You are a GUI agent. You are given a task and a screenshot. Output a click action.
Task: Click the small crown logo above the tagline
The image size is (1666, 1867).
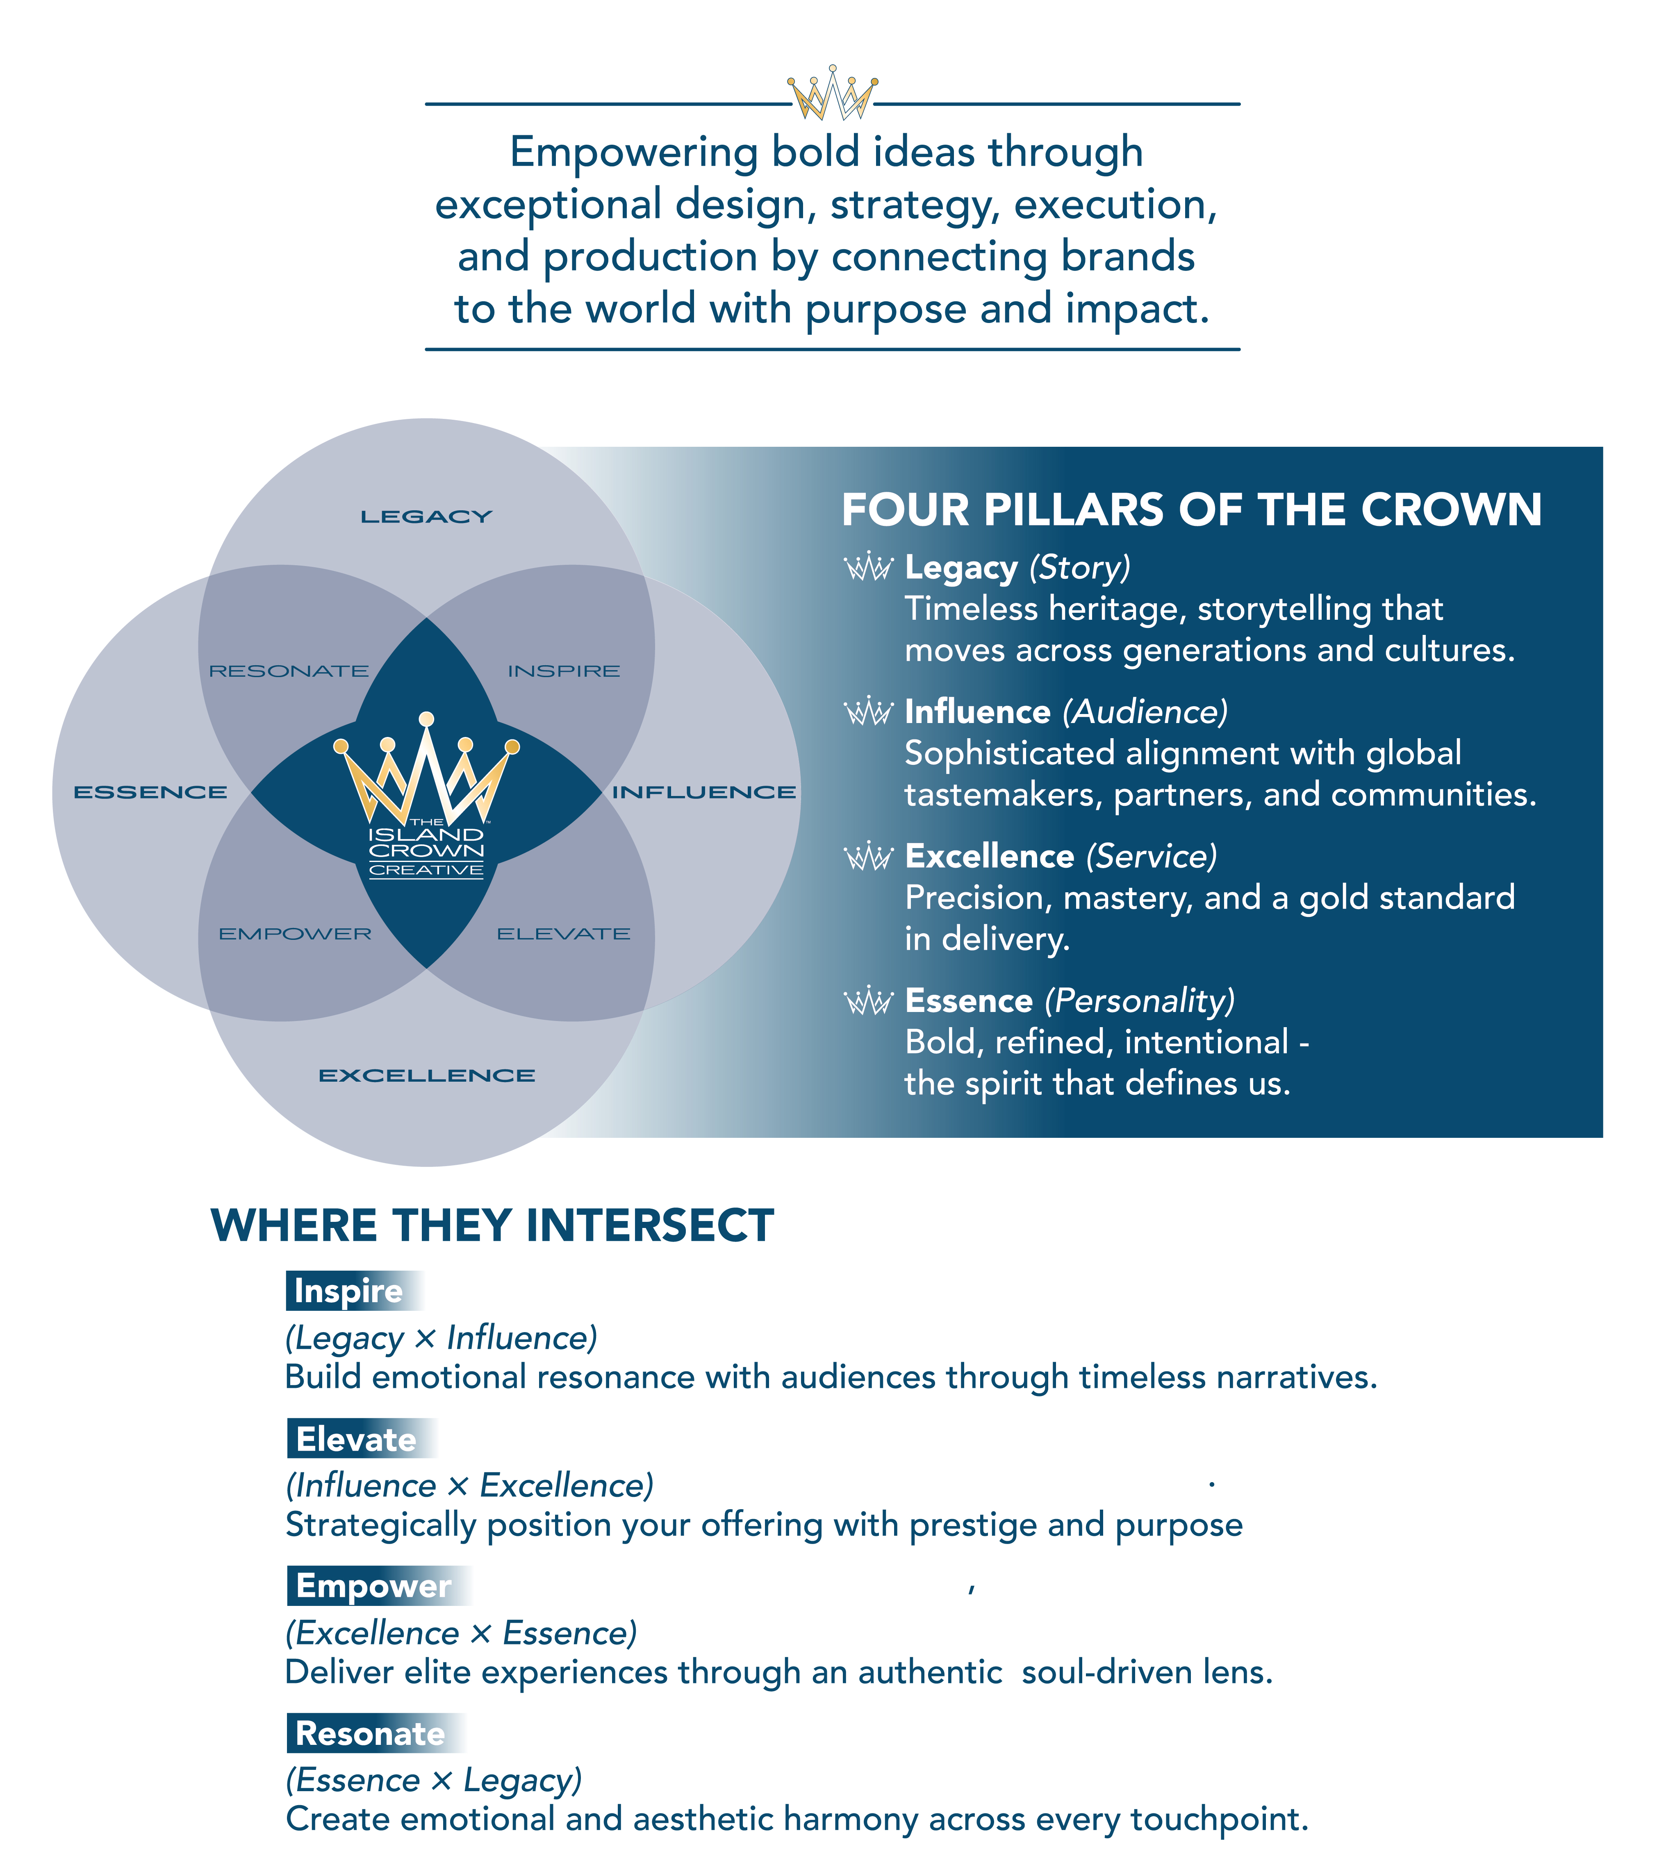[832, 93]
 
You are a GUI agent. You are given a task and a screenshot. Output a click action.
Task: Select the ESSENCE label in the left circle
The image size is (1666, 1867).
[150, 793]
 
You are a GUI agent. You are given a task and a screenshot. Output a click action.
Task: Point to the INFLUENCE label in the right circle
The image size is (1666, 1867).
[704, 793]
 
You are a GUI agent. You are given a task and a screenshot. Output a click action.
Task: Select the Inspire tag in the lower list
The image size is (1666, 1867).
[350, 1290]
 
